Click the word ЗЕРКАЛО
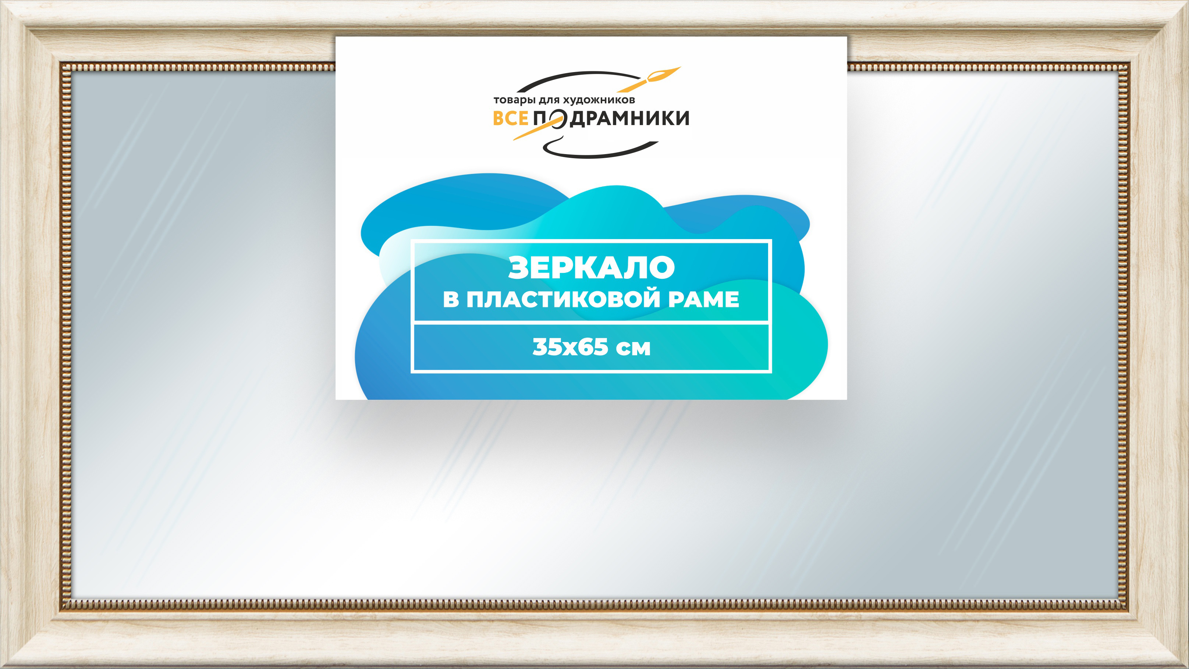(591, 268)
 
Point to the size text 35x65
(570, 347)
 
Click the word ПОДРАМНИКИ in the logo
(611, 118)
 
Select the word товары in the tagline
(515, 100)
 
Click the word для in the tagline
(550, 100)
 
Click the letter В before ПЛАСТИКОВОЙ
(451, 299)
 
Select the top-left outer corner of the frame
(0, 0)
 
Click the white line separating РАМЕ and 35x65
(591, 323)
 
